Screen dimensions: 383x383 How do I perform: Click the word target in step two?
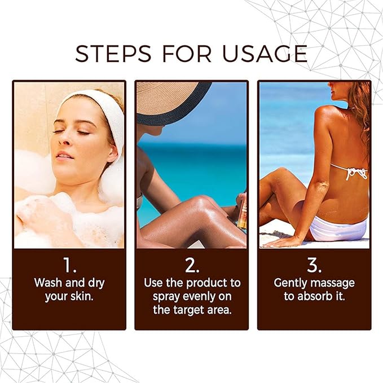click(x=190, y=310)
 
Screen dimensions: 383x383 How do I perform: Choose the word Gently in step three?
click(x=292, y=282)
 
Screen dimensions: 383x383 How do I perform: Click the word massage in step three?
click(x=334, y=282)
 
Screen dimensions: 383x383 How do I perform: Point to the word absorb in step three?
click(x=316, y=296)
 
